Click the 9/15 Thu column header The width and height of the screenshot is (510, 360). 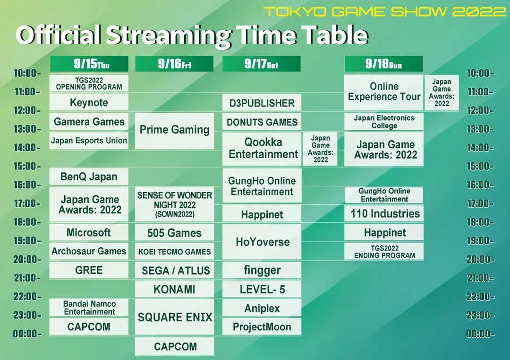click(x=89, y=64)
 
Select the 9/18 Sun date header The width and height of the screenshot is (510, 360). click(x=383, y=64)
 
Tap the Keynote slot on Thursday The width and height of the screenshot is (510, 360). click(x=89, y=102)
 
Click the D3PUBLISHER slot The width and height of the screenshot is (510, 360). click(x=262, y=103)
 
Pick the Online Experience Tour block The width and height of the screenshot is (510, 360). click(x=384, y=92)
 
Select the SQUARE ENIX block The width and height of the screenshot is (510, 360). click(x=174, y=317)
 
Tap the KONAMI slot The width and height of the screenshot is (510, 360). click(x=174, y=289)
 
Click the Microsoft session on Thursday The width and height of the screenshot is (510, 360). click(x=89, y=232)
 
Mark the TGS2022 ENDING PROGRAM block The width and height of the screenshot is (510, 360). click(x=384, y=251)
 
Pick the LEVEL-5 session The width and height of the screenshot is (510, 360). click(x=262, y=289)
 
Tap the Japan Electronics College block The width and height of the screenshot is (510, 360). click(x=384, y=122)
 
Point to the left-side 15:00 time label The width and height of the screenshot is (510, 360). click(x=27, y=167)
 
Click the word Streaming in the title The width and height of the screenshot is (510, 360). click(x=169, y=35)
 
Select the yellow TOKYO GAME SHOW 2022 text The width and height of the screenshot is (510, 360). click(x=384, y=12)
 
